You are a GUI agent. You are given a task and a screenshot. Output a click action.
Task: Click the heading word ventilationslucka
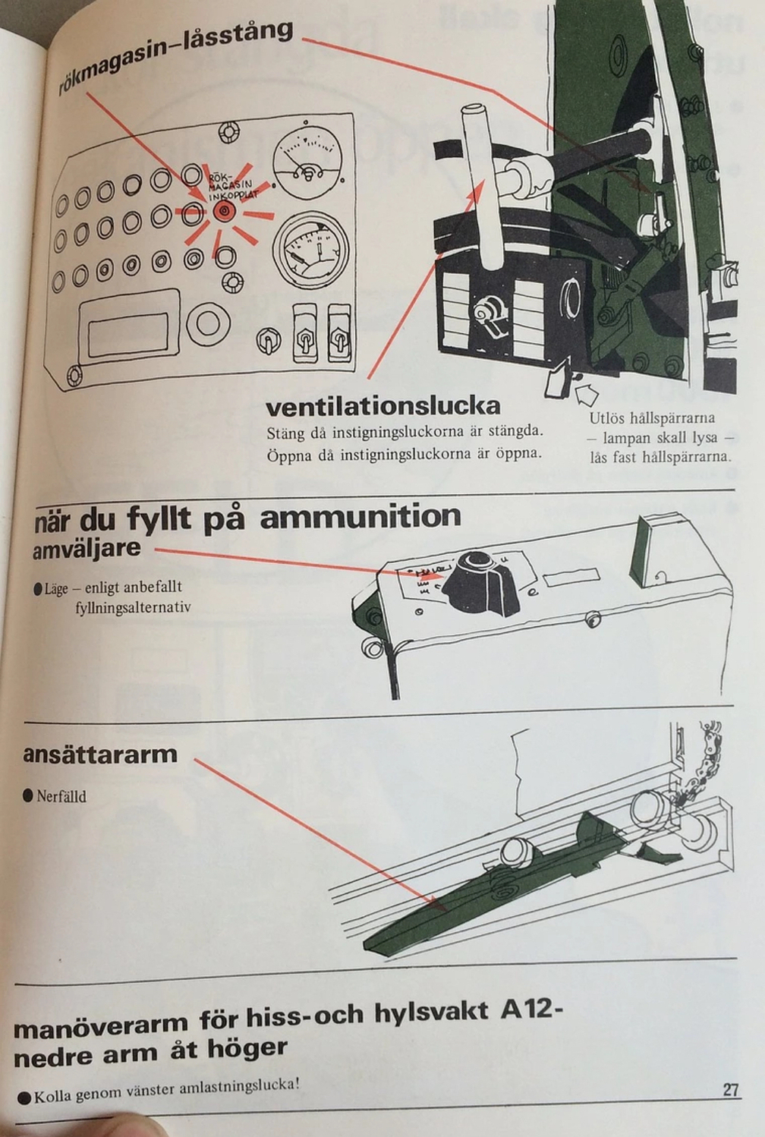pyautogui.click(x=382, y=406)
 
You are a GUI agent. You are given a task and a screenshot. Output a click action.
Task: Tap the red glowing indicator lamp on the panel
pyautogui.click(x=223, y=211)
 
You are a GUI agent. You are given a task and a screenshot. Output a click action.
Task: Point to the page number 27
pyautogui.click(x=730, y=1090)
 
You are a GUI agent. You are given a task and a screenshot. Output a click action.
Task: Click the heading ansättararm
pyautogui.click(x=99, y=754)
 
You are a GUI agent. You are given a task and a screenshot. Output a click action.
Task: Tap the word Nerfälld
pyautogui.click(x=61, y=796)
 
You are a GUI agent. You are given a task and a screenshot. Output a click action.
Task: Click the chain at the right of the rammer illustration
pyautogui.click(x=702, y=767)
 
